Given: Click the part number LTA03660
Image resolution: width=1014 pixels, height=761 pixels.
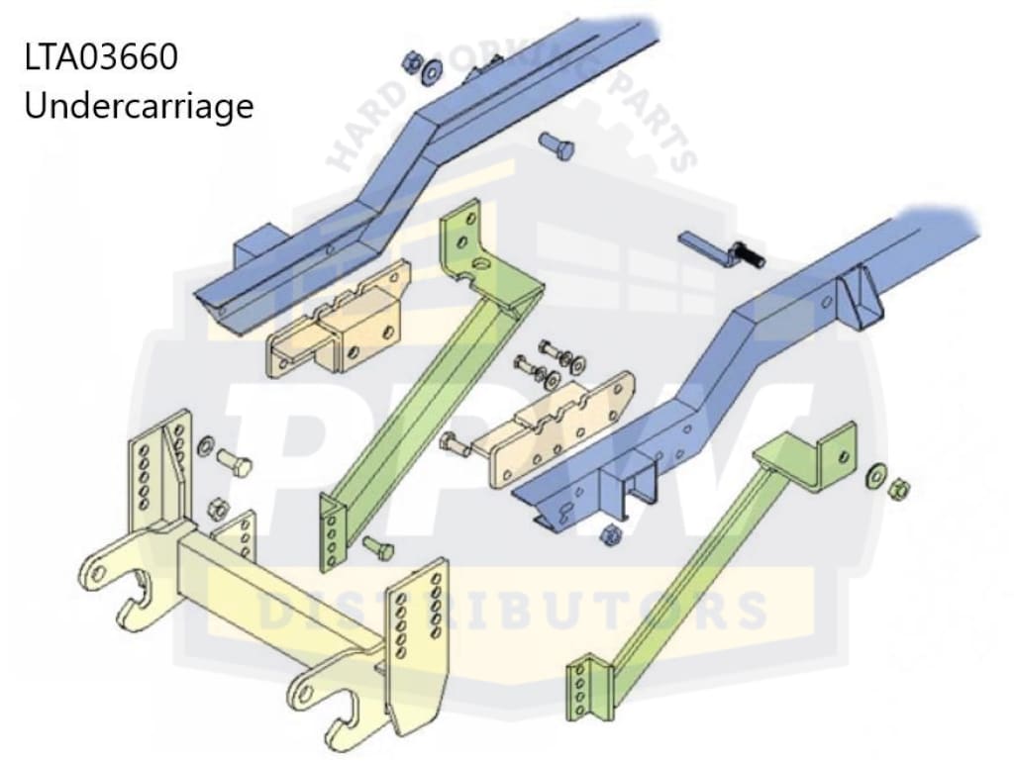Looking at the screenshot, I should tap(101, 57).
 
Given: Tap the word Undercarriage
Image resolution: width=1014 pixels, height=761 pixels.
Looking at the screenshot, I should tap(139, 105).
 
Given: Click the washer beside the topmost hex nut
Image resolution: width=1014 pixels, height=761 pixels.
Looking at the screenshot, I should tap(433, 73).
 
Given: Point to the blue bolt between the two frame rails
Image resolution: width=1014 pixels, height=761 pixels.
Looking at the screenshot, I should tap(557, 148).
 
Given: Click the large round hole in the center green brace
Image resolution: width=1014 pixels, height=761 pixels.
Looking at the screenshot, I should tap(480, 264).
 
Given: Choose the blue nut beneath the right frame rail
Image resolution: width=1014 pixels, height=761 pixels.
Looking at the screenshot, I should tap(612, 535).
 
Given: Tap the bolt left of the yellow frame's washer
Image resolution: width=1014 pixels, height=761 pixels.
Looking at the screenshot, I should tap(234, 461).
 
